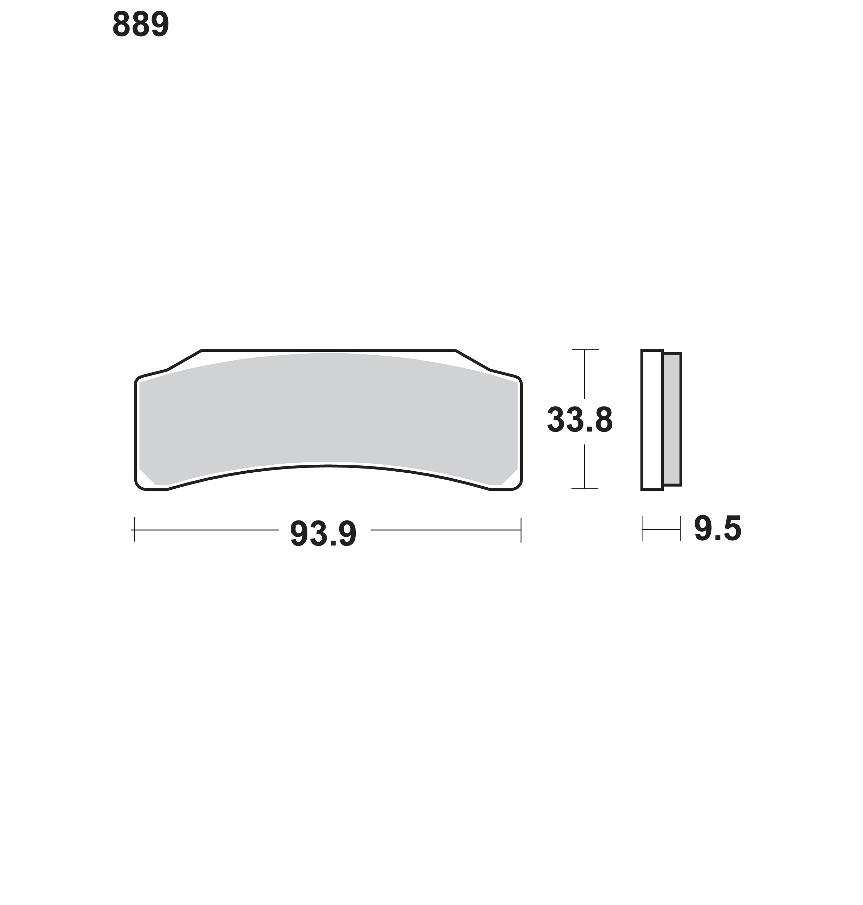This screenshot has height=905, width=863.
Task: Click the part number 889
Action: pos(141,24)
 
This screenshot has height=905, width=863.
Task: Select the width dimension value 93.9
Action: pos(323,534)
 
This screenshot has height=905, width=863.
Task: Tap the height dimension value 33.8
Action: pos(580,420)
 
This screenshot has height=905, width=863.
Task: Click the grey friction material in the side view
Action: pos(672,419)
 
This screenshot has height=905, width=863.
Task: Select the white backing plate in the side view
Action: pos(652,420)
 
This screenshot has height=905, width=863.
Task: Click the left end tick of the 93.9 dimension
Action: pos(134,530)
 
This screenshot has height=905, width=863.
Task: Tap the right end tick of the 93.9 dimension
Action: pos(521,530)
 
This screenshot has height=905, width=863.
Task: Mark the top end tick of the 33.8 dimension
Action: pos(585,350)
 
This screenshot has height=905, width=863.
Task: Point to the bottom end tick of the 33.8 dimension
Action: pos(585,488)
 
